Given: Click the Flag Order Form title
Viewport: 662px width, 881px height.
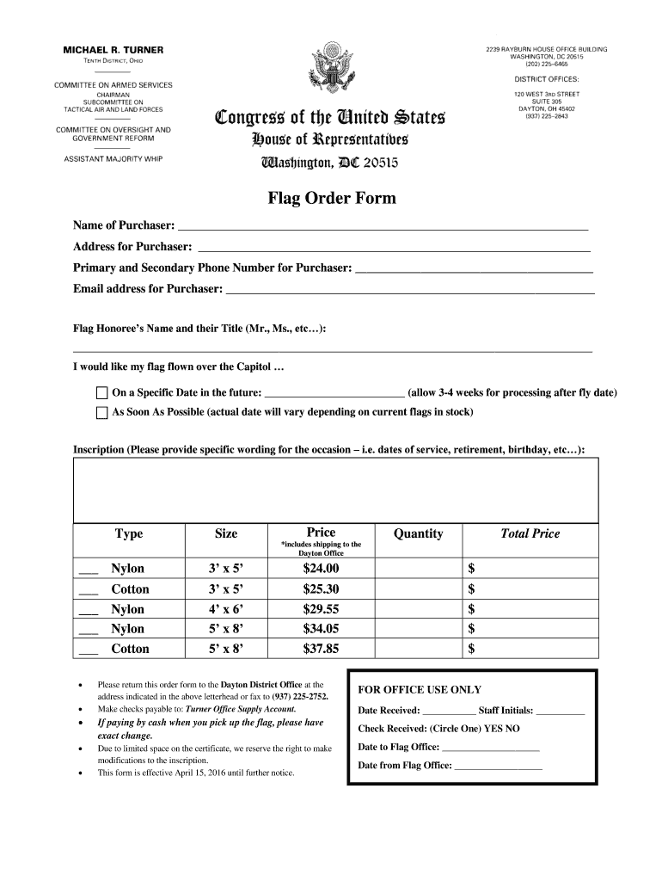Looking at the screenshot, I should (332, 199).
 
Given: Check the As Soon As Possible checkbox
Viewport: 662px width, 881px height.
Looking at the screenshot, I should (101, 412).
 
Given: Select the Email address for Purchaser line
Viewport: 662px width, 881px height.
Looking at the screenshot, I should (409, 291).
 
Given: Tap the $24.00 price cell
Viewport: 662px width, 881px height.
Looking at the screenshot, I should (322, 569).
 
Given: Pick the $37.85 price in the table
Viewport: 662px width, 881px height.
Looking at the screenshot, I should (322, 649).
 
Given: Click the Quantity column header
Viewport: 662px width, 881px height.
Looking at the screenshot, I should (418, 534).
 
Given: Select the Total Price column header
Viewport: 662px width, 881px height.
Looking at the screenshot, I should (530, 534).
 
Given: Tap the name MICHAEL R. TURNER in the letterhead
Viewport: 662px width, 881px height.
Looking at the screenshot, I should (113, 50).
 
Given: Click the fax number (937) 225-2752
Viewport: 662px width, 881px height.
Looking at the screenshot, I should (300, 695).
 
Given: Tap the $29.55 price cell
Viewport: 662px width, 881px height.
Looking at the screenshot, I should (322, 609).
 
